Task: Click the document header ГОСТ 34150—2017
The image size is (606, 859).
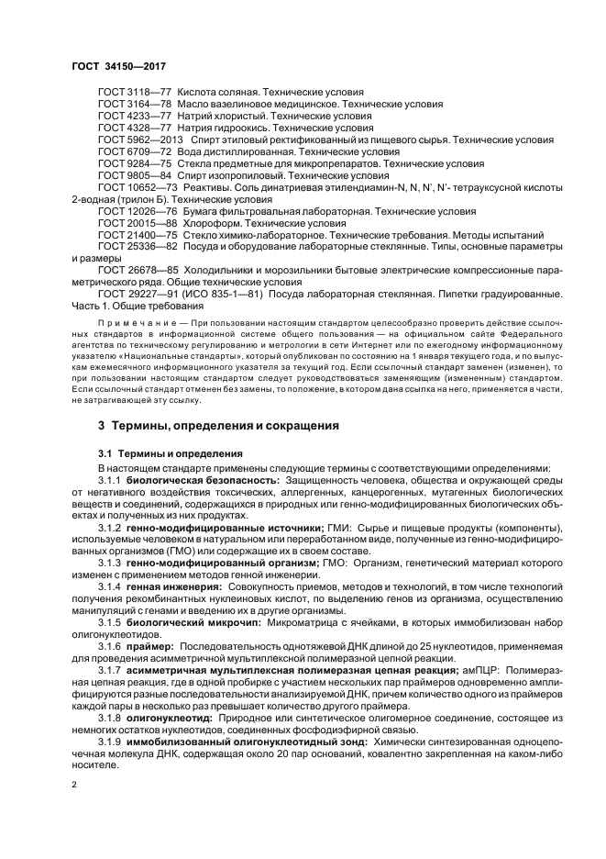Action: [x=113, y=68]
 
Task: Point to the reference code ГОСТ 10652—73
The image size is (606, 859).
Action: [x=138, y=187]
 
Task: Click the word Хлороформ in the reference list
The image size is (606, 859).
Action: [x=208, y=223]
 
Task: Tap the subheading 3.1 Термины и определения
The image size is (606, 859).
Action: [x=170, y=428]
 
